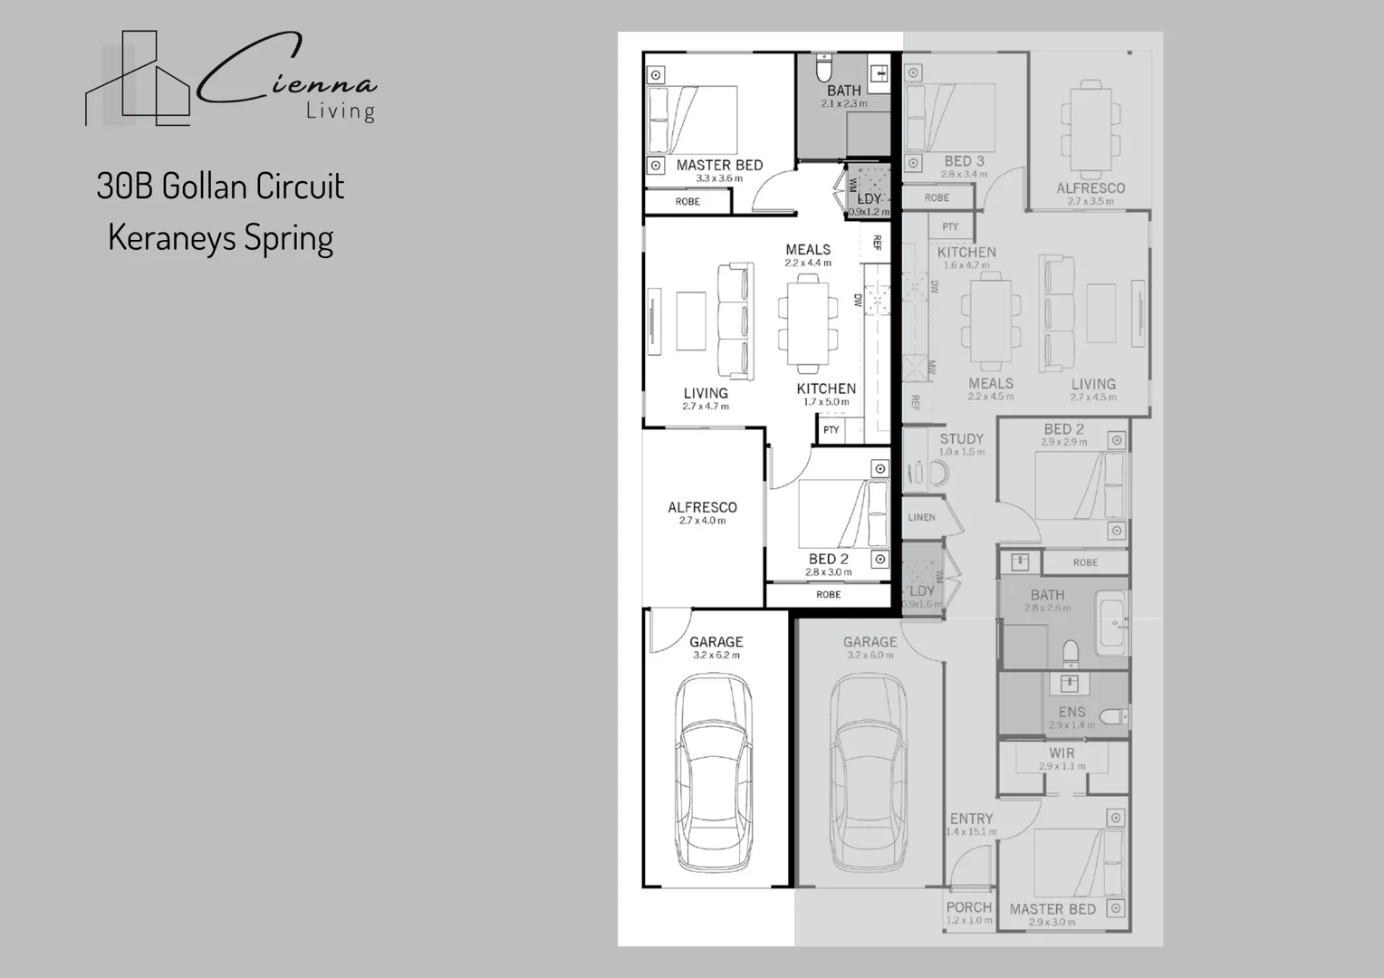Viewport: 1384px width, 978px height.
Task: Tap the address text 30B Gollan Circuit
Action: coord(220,187)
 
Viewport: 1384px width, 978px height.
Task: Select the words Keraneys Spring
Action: coord(220,237)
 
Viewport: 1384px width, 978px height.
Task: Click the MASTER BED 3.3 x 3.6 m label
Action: coord(719,170)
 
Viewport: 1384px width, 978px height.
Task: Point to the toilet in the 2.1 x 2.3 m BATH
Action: coord(823,68)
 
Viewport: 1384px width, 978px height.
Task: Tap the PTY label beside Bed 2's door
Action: coord(831,430)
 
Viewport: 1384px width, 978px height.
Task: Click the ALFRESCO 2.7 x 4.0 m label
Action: coord(702,513)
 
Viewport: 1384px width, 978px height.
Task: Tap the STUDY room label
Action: coord(961,444)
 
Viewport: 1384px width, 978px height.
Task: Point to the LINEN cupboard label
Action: coord(921,517)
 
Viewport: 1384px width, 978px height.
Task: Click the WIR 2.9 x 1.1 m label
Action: coord(1062,758)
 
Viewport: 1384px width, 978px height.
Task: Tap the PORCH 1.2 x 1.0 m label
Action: coord(968,912)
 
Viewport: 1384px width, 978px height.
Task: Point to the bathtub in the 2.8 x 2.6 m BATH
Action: coord(1111,624)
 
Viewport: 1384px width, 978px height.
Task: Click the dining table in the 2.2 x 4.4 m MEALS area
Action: coord(807,323)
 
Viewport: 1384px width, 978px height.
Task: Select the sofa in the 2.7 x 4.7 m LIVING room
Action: coord(735,321)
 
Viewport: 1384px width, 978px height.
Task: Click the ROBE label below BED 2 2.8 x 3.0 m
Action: coord(828,595)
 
